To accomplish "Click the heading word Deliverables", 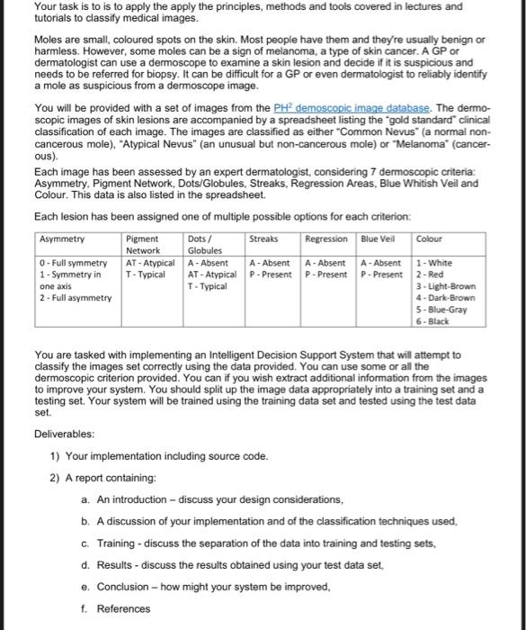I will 68,435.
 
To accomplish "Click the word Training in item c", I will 117,543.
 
